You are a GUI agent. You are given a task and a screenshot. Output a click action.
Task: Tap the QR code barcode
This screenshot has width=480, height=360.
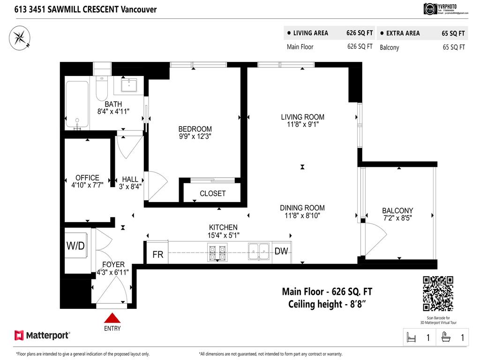(438, 293)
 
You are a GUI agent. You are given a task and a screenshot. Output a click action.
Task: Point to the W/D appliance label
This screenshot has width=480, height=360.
(75, 246)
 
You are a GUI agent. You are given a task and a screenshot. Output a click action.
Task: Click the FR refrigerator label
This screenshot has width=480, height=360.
(158, 255)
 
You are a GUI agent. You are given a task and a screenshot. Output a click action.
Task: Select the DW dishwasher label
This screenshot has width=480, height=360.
(281, 251)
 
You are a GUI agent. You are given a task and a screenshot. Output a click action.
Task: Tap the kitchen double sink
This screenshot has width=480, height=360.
(259, 251)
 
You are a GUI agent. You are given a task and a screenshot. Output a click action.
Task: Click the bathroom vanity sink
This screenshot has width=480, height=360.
(128, 85)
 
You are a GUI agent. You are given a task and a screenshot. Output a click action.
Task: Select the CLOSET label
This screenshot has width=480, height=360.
(212, 193)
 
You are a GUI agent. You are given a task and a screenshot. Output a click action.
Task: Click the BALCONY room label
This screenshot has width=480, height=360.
(397, 211)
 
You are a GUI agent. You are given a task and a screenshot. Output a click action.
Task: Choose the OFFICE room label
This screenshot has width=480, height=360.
(87, 178)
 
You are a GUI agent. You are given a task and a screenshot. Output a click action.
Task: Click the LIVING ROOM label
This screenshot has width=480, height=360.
(302, 117)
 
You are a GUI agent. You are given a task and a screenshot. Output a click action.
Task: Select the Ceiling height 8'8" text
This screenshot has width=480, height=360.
(327, 304)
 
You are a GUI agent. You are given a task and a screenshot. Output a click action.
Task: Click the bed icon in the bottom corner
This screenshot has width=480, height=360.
(412, 337)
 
